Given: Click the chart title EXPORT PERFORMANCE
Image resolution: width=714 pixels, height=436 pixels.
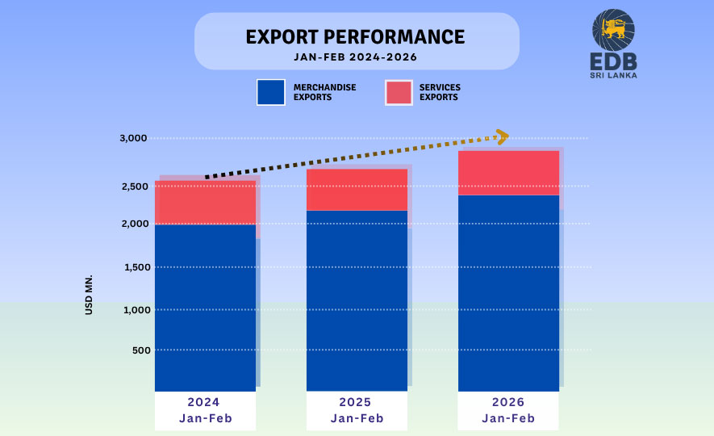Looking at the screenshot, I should pos(355,37).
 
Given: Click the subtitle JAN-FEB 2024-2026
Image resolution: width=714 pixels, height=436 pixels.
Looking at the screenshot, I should pos(355,57).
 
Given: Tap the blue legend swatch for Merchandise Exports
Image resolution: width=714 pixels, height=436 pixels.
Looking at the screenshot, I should pos(270,92).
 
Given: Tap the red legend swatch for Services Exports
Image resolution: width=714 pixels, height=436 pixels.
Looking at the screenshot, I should pos(399,92).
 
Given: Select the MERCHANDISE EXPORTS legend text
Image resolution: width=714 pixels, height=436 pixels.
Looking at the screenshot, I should pos(325,92).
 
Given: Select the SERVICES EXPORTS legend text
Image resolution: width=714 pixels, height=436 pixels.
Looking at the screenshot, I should pos(440,92).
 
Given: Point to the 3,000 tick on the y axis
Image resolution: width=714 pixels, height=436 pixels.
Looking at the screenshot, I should pos(133,138).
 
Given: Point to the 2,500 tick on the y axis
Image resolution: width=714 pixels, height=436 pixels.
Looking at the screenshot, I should pos(133,187).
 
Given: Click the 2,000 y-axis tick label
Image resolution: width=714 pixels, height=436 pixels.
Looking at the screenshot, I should pos(133,224).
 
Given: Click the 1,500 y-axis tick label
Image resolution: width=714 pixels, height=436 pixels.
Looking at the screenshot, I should pos(133,267).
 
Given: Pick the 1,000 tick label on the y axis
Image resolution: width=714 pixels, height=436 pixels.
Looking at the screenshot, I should pos(133,310).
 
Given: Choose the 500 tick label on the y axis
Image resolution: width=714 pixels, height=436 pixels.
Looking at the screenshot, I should pos(138,350).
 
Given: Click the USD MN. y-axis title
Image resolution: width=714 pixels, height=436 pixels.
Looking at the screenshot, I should pos(90,294).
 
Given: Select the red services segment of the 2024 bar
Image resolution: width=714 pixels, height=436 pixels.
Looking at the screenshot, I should pos(205,203).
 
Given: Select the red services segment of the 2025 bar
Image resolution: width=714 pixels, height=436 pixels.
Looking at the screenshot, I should pos(357,190).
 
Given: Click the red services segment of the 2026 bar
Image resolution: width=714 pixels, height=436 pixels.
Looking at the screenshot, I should pos(508,173).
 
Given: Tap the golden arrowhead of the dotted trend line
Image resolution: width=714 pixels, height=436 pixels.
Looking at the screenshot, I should pos(502,137).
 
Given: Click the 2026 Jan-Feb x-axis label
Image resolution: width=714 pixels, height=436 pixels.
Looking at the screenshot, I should pos(508,410).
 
